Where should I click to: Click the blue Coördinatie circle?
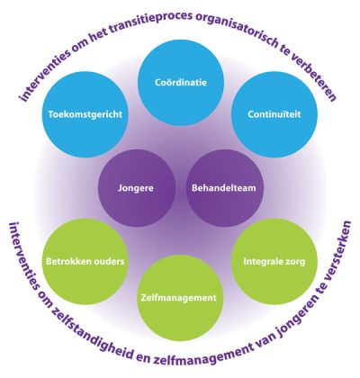(x=181, y=83)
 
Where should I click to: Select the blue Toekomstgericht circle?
(x=85, y=114)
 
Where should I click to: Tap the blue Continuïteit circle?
(x=274, y=114)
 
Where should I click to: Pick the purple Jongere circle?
(x=137, y=188)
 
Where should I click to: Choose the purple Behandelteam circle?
(x=225, y=188)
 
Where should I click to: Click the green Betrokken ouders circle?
(x=85, y=262)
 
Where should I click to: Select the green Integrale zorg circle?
(x=274, y=262)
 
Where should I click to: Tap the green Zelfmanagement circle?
(x=180, y=298)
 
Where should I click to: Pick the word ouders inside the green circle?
(x=109, y=261)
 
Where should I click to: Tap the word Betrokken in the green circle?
(x=68, y=261)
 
